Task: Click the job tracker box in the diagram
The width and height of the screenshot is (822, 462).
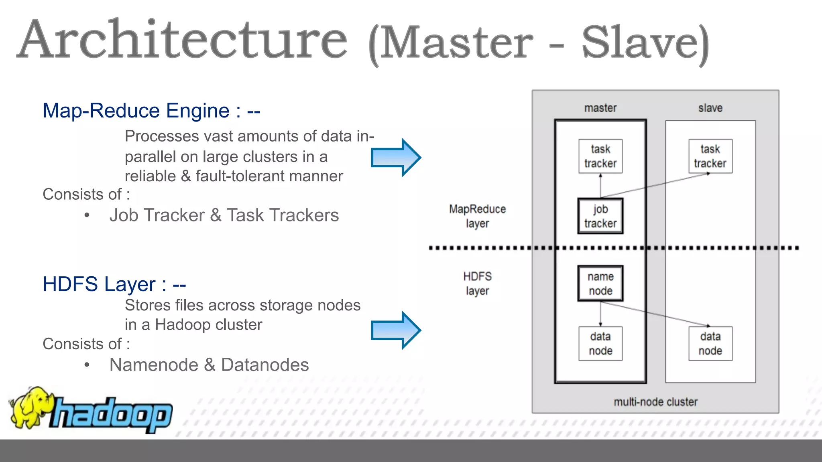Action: click(x=600, y=216)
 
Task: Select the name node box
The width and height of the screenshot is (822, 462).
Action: click(x=600, y=284)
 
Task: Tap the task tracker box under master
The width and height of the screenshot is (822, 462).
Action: click(x=600, y=156)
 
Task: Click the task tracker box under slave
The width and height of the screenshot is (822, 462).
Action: click(x=710, y=156)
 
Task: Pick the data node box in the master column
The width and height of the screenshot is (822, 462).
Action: click(x=600, y=344)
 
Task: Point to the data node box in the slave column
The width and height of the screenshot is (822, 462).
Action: click(x=710, y=344)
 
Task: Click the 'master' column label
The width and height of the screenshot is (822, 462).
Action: click(x=600, y=108)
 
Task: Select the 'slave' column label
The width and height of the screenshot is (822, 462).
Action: click(x=710, y=108)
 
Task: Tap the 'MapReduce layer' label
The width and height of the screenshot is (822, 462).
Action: click(x=477, y=216)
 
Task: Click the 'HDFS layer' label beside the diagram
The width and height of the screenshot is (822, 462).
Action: click(x=477, y=284)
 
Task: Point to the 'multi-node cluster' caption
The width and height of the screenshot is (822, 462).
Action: click(x=655, y=402)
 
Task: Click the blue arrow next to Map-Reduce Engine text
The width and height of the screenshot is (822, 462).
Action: click(x=395, y=158)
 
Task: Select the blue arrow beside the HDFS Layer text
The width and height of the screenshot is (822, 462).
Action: click(x=395, y=330)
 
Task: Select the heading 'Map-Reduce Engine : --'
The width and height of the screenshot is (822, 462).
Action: click(x=151, y=111)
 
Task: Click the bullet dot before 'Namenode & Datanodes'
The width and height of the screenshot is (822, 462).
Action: click(x=87, y=365)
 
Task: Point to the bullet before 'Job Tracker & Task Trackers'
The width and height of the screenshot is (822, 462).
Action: click(x=87, y=215)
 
